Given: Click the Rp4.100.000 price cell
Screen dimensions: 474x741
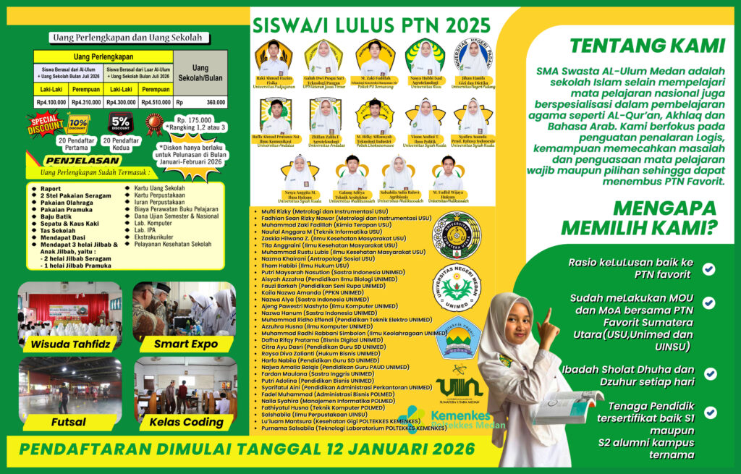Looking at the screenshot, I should click(51, 103).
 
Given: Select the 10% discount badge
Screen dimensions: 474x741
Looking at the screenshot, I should click(77, 124).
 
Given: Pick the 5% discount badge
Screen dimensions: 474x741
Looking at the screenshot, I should click(120, 122).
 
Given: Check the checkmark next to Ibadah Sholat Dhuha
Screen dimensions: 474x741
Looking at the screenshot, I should click(710, 373).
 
